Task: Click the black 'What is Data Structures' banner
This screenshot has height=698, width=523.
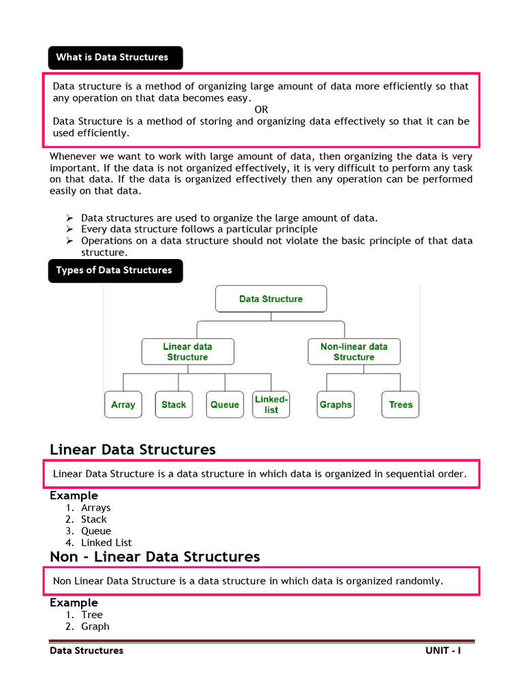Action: [115, 57]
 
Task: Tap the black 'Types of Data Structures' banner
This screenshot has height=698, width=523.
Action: [115, 271]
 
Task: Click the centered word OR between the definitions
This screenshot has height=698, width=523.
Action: [261, 110]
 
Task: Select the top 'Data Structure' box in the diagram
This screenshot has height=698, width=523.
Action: [271, 299]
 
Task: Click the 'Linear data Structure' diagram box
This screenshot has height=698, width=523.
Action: [187, 352]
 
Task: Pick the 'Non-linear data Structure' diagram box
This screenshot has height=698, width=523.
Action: [354, 352]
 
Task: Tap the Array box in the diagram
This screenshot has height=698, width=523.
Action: [123, 404]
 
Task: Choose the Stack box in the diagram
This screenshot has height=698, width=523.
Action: [174, 404]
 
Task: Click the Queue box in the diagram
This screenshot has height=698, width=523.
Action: [225, 404]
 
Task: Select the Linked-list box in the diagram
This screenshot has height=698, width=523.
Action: [271, 404]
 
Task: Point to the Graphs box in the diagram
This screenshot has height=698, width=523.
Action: [336, 404]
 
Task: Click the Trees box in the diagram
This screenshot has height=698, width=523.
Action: [400, 404]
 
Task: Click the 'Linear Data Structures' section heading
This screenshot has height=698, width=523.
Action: [133, 449]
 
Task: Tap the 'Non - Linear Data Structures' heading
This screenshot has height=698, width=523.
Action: [155, 557]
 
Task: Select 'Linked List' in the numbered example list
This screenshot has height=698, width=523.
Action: [106, 543]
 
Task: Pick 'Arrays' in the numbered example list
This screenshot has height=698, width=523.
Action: [95, 508]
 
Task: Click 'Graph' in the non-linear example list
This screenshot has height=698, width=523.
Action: [95, 626]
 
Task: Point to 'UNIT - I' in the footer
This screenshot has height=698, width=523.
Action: [443, 651]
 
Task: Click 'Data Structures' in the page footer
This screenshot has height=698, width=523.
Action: [86, 651]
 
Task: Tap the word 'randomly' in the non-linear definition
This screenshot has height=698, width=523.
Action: [419, 581]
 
